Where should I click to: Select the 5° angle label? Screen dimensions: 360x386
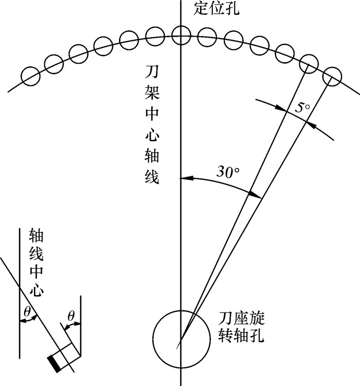(304, 108)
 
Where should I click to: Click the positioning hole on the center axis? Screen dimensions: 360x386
(180, 35)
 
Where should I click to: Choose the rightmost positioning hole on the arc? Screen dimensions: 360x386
(331, 77)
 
